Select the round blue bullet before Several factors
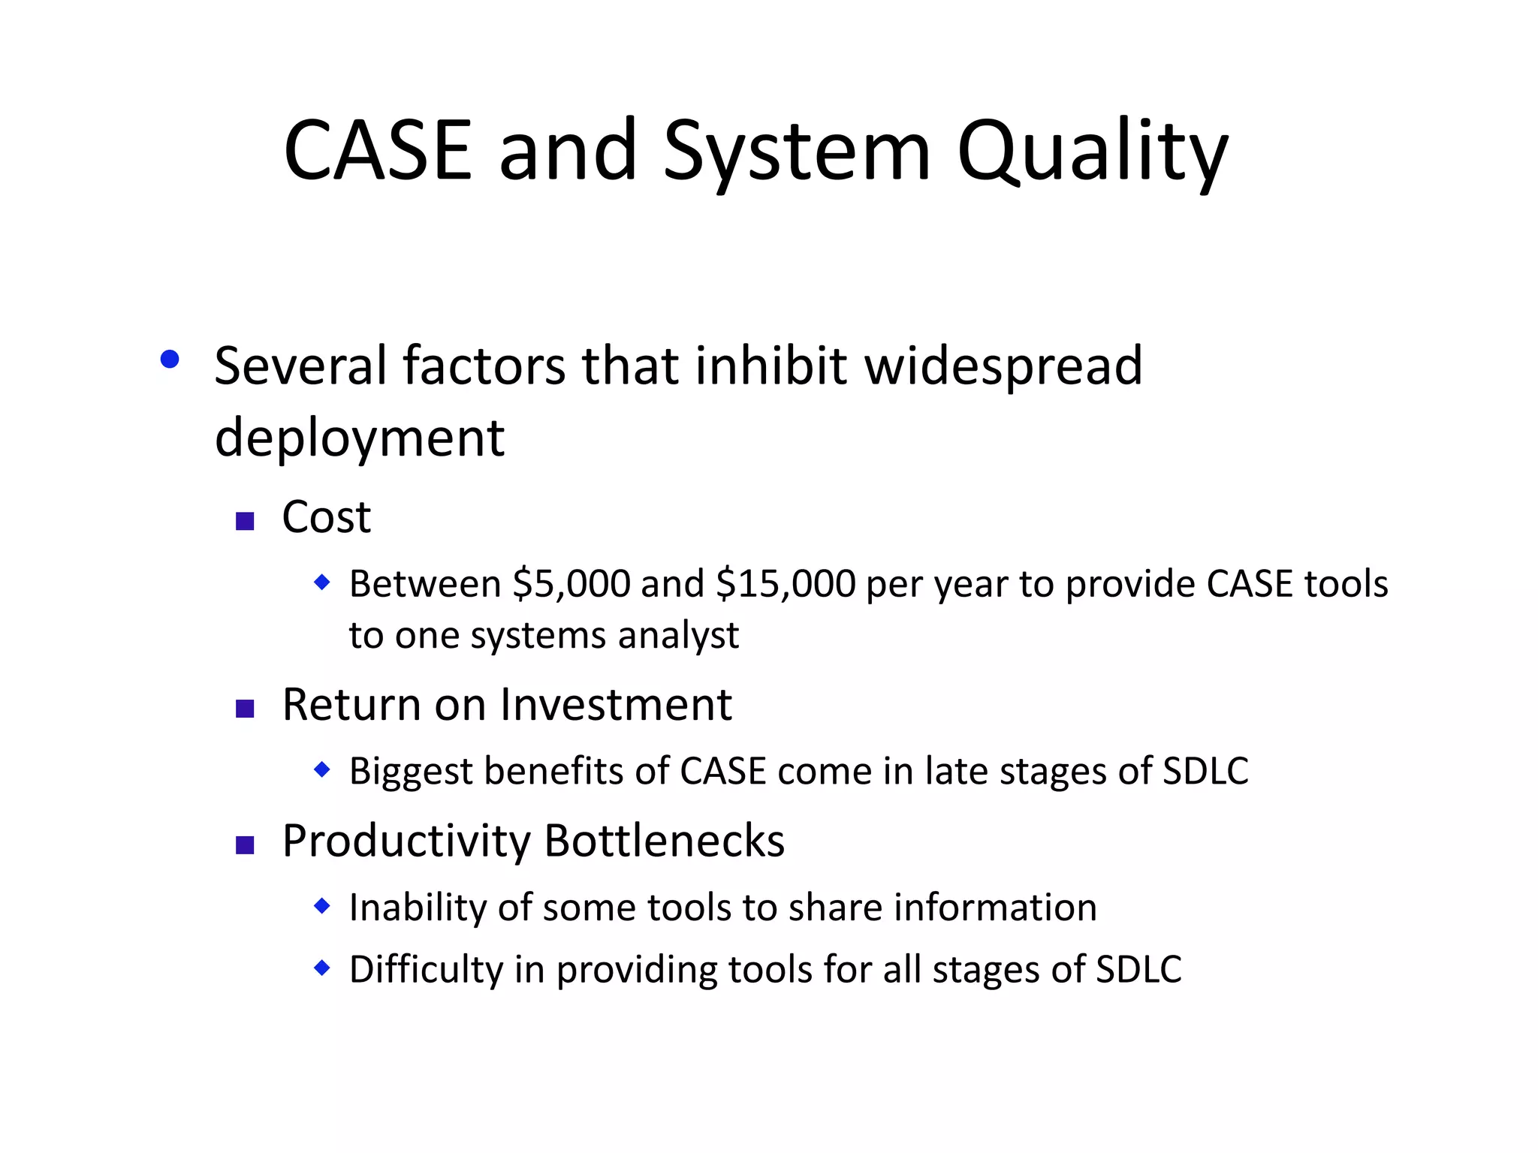170,360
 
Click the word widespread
1003,366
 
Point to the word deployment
359,438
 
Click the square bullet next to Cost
245,521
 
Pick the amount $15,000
785,585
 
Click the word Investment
616,705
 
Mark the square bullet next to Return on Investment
245,709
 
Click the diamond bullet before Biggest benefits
321,769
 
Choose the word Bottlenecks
665,841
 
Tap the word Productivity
406,842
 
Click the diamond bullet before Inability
321,906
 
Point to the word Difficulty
426,970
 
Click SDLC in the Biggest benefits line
1205,771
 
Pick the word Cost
326,517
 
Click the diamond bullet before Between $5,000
321,582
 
